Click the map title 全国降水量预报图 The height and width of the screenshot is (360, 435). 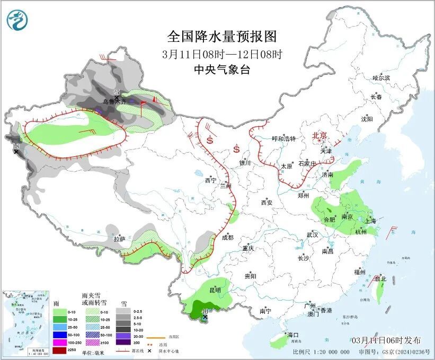pyautogui.click(x=222, y=37)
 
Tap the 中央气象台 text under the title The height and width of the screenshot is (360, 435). pyautogui.click(x=222, y=69)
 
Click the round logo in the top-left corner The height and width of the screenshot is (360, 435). pyautogui.click(x=17, y=20)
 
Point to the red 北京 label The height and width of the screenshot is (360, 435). pyautogui.click(x=321, y=135)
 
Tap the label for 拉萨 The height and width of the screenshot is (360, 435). pyautogui.click(x=119, y=239)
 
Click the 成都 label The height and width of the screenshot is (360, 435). pyautogui.click(x=227, y=238)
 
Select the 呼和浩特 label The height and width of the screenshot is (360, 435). pyautogui.click(x=283, y=138)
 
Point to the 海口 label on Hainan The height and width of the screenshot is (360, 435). pyautogui.click(x=293, y=335)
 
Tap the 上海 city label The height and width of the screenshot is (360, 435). pyautogui.click(x=370, y=221)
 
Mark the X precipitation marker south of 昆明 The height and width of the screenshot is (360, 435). pyautogui.click(x=206, y=318)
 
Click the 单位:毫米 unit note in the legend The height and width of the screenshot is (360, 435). pyautogui.click(x=93, y=352)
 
